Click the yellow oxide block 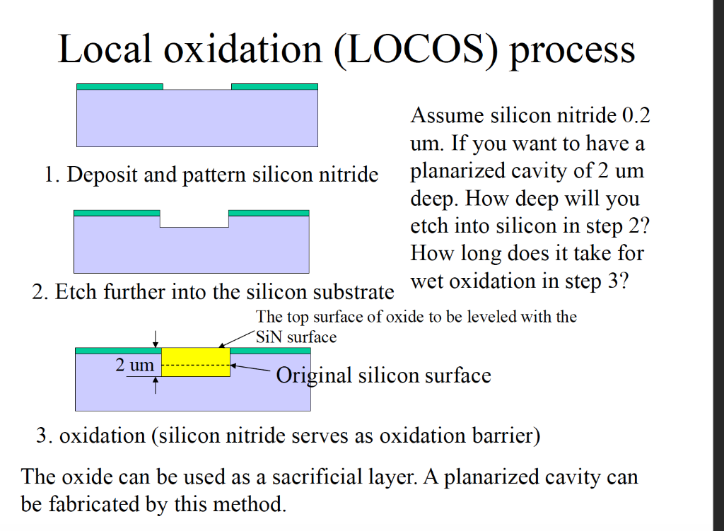pos(196,361)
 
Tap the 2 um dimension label pos(134,365)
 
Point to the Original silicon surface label pos(383,375)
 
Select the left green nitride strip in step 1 pos(119,87)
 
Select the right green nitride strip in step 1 pos(274,87)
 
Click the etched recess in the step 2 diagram pos(194,220)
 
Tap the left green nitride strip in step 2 pos(117,213)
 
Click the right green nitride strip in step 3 pos(271,350)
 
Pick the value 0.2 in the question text pos(636,115)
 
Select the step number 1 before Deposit pos(48,175)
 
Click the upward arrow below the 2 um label pos(156,385)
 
